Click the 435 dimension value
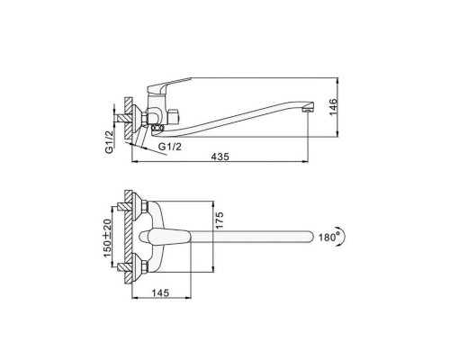pos(220,157)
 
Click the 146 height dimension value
pos(333,107)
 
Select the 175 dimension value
pos(220,220)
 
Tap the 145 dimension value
pos(160,292)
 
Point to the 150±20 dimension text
pos(107,238)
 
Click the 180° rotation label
pos(327,237)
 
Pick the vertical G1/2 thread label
pos(111,142)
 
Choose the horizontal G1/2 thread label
pos(170,147)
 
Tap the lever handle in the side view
pos(168,85)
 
